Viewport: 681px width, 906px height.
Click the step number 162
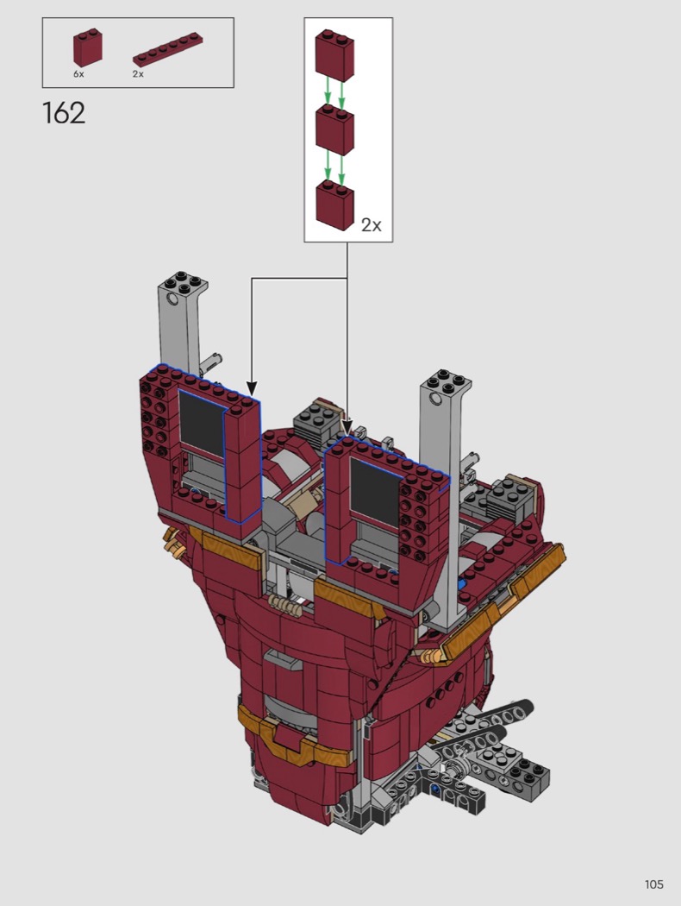point(64,113)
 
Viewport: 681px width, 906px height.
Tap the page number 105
point(654,884)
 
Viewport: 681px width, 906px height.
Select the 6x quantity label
point(78,74)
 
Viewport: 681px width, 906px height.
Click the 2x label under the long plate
point(138,74)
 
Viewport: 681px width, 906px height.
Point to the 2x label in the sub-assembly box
point(371,224)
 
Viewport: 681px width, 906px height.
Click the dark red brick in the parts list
point(88,48)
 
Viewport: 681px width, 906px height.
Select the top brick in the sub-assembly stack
point(334,56)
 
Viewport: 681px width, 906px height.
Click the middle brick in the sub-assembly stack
point(334,130)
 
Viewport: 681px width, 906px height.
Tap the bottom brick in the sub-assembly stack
point(334,205)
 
